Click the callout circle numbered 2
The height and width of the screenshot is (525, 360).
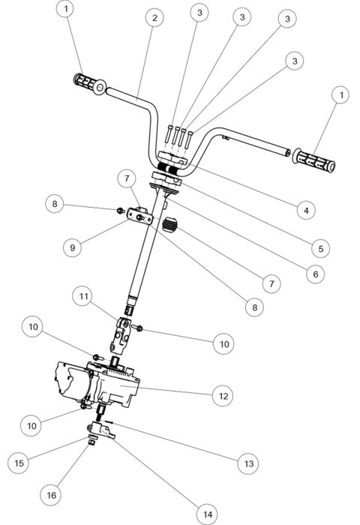[x=153, y=17]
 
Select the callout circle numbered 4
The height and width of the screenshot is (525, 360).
[x=304, y=211]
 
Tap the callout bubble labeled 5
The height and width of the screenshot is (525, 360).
[x=319, y=247]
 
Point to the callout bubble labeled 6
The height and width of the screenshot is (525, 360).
[x=316, y=274]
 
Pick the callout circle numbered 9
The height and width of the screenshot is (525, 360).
[x=73, y=245]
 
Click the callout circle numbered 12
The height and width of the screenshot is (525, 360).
[x=221, y=394]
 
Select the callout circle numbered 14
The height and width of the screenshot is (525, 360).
[x=206, y=514]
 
